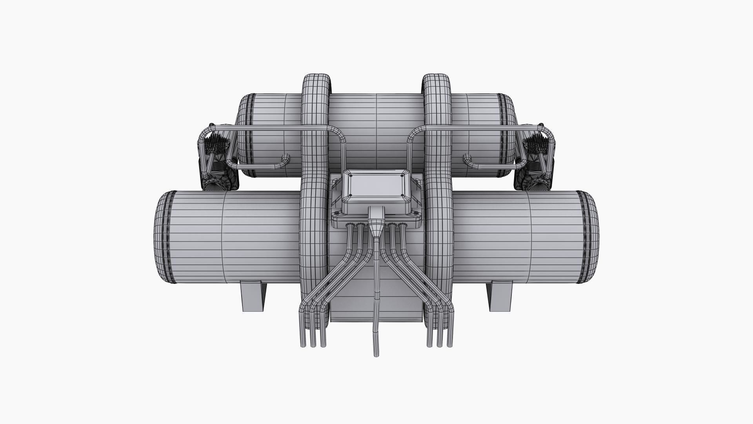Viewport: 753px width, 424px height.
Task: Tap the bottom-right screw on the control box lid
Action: coord(402,196)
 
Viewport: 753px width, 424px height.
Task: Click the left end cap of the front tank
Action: coord(163,237)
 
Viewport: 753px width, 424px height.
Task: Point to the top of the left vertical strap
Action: coord(316,77)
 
